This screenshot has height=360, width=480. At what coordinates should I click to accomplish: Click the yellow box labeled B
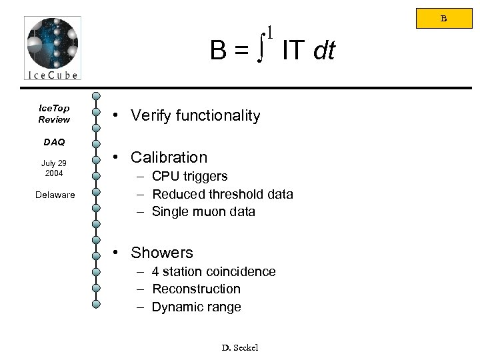tap(444, 19)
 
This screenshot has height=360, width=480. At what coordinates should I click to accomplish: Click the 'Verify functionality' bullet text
tap(195, 116)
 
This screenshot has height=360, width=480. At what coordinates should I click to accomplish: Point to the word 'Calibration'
tap(169, 157)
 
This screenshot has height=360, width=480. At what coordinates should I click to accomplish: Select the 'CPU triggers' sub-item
tap(189, 176)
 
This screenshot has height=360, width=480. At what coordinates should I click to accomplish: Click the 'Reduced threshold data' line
tap(222, 194)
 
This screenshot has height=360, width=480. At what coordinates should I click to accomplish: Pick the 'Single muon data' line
tap(203, 211)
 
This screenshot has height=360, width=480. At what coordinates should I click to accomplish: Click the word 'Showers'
tap(162, 253)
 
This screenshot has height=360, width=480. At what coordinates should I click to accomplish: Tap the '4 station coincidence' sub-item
tap(213, 271)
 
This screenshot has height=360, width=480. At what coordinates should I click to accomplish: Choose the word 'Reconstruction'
tap(196, 289)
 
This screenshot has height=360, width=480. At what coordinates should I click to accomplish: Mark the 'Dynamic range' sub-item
tap(196, 307)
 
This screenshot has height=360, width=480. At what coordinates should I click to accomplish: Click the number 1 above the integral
tap(269, 32)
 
